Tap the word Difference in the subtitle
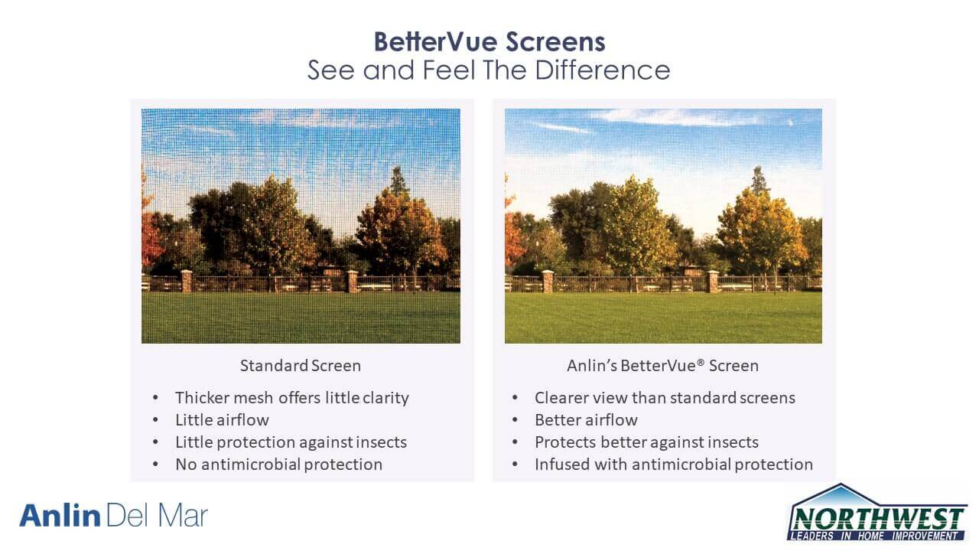(x=602, y=70)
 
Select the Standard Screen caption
(x=301, y=366)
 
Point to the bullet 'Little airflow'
(x=222, y=420)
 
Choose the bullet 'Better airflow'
(x=586, y=420)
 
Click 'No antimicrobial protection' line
(x=279, y=465)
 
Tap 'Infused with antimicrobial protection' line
(x=674, y=465)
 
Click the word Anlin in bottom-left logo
(x=60, y=515)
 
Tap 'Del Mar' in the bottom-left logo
(x=157, y=515)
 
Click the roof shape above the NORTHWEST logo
(x=841, y=495)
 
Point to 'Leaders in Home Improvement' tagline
(x=875, y=536)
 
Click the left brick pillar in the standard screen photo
(x=187, y=281)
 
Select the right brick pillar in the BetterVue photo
(x=713, y=282)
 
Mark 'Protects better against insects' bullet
(x=646, y=442)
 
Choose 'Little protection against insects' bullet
(x=291, y=442)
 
